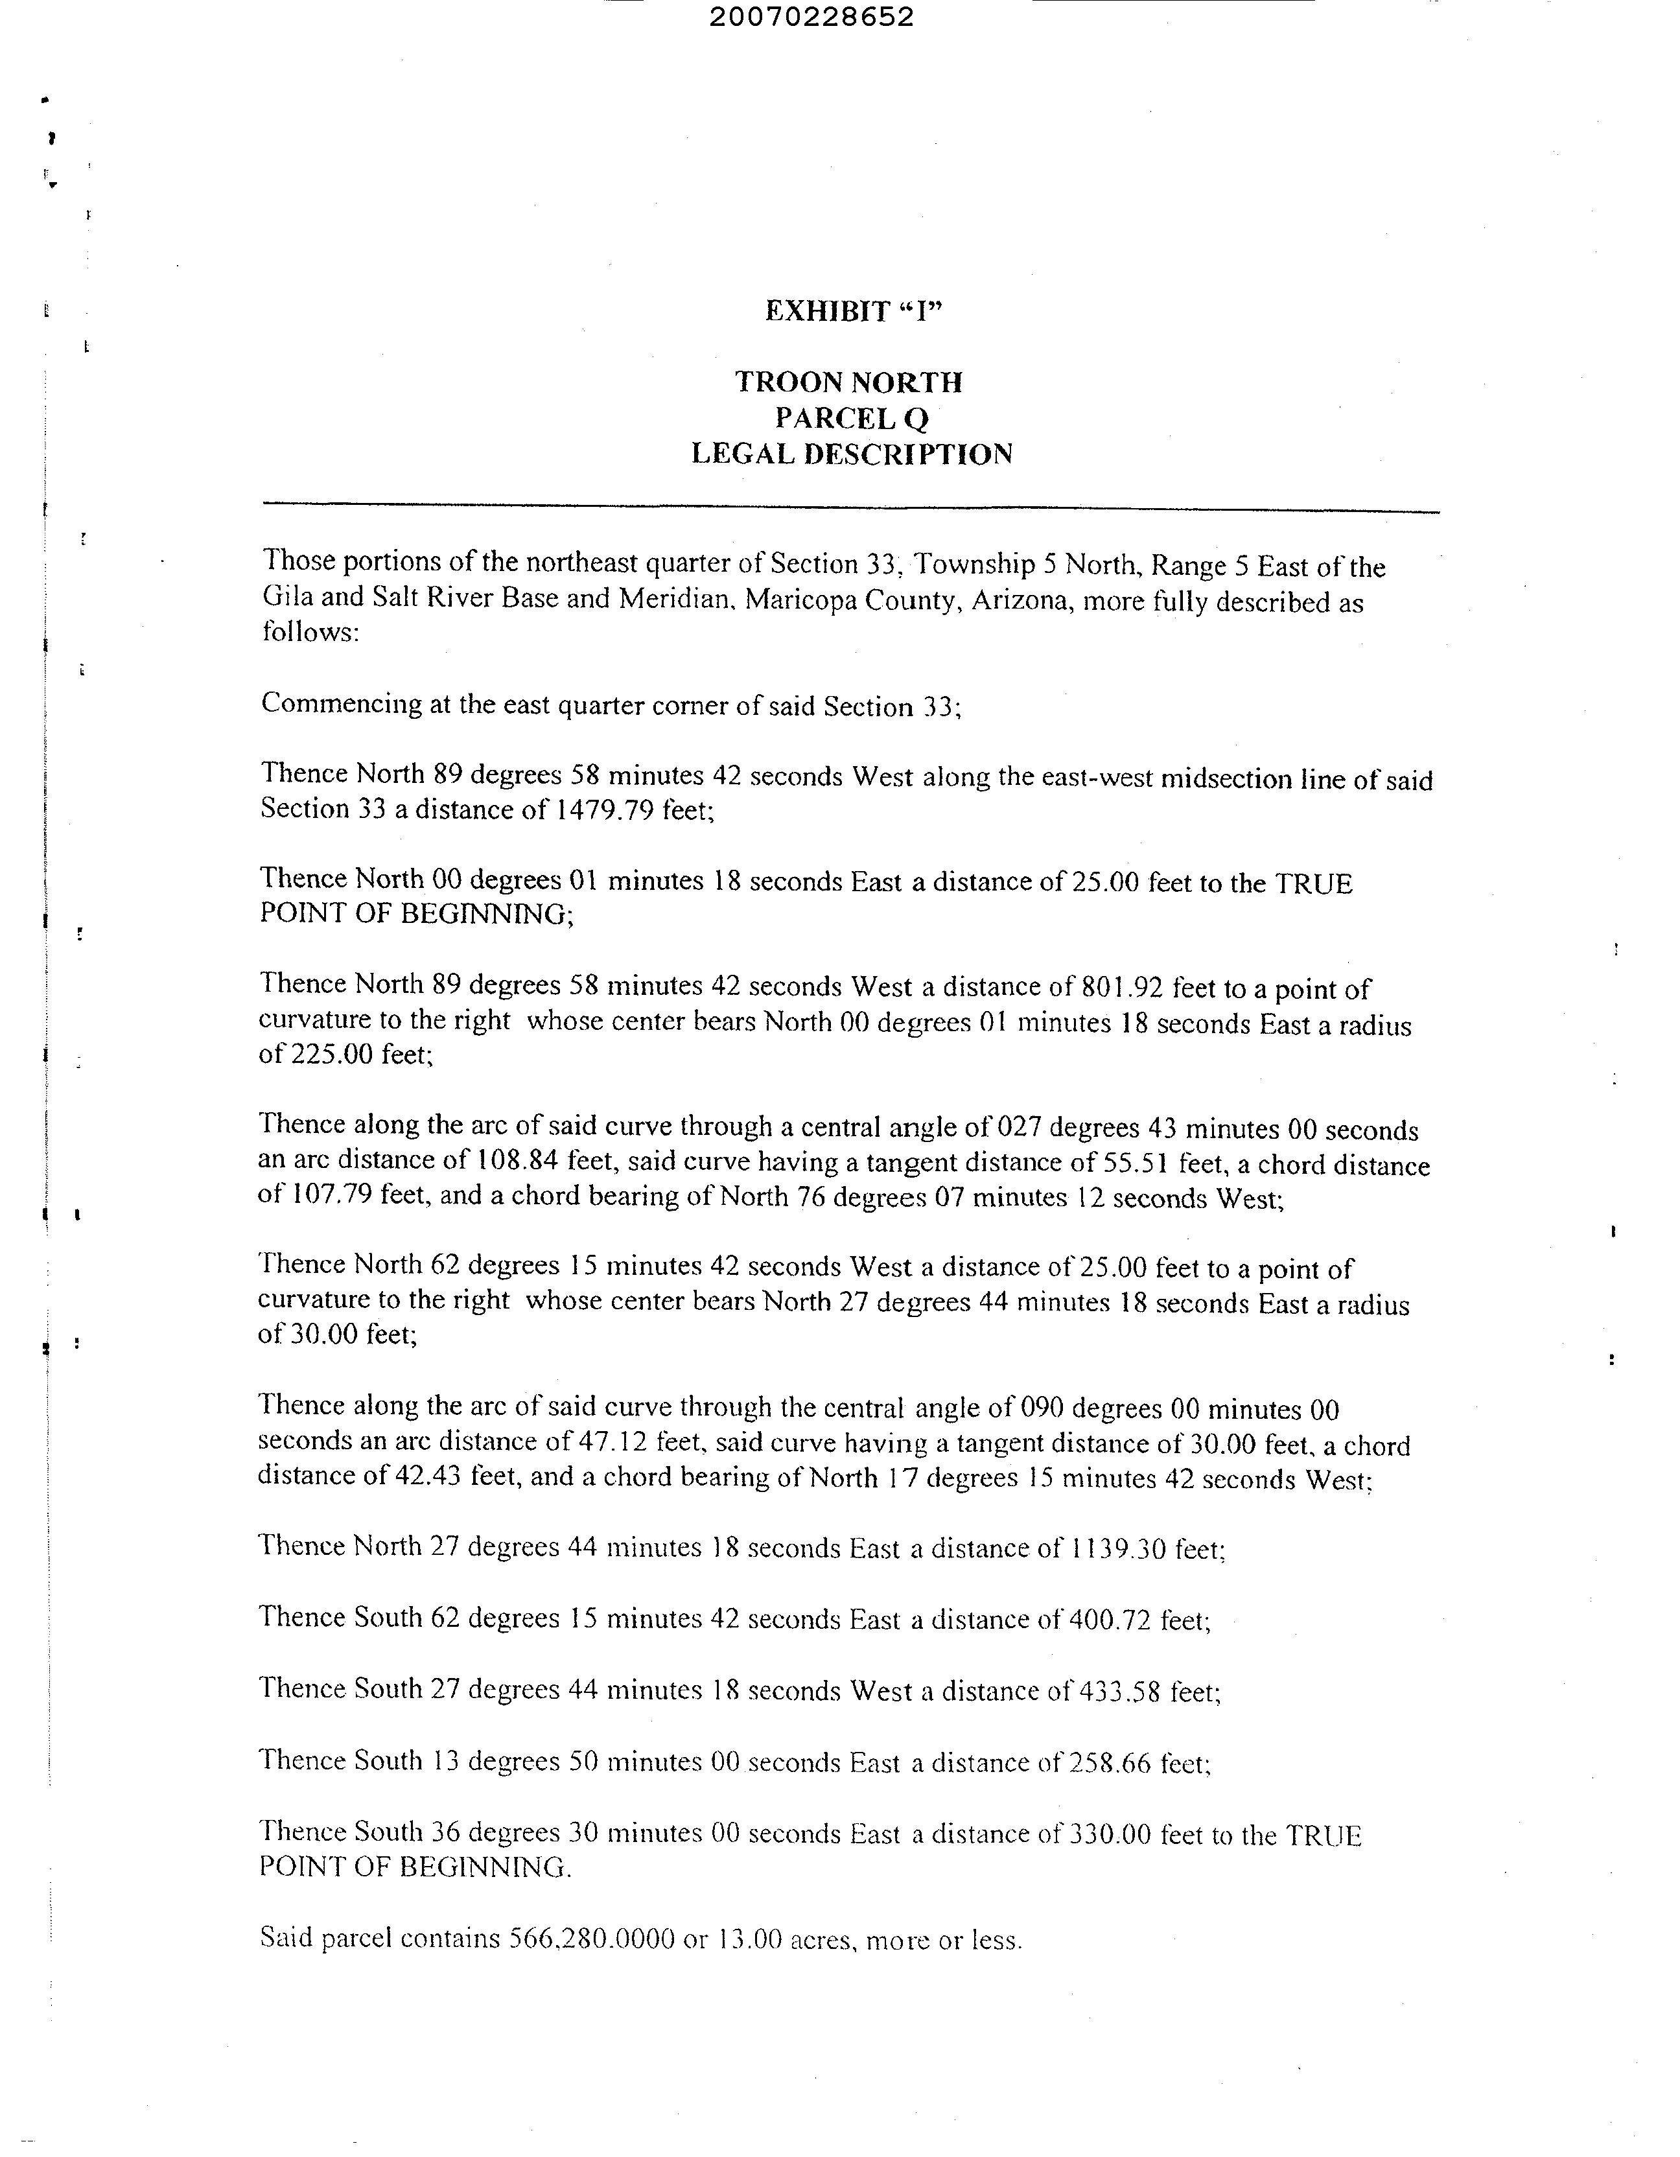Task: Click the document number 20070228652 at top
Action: (x=811, y=17)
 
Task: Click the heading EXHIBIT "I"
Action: (x=854, y=312)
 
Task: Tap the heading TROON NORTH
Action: (x=848, y=382)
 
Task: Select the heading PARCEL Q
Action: (x=852, y=419)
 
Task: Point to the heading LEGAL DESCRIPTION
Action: (x=852, y=454)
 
